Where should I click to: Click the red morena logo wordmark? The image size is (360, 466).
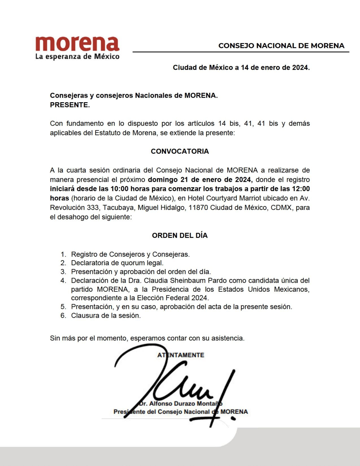(77, 44)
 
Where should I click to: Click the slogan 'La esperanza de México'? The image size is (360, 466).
(77, 56)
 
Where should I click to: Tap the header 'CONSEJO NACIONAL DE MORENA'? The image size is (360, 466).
(281, 46)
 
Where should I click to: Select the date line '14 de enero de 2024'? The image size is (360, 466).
(275, 67)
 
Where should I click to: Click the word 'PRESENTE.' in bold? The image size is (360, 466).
(70, 105)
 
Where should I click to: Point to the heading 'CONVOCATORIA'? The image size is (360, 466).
(180, 151)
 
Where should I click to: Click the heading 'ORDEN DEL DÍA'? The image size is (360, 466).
(180, 236)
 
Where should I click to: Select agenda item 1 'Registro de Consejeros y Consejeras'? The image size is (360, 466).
(130, 254)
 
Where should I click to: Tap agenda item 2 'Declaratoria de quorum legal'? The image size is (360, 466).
(117, 263)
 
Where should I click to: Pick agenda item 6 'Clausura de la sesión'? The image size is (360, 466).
(106, 315)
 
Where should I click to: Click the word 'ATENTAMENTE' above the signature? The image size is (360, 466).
(181, 355)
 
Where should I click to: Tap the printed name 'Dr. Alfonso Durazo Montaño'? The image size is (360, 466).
(180, 404)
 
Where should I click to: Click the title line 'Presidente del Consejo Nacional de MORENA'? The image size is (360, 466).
(181, 412)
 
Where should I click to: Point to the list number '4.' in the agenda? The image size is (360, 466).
(63, 280)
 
